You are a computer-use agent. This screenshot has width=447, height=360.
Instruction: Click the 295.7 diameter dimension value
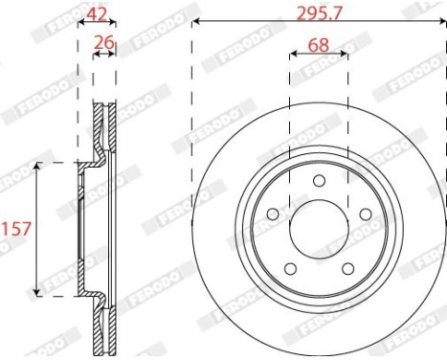(320, 13)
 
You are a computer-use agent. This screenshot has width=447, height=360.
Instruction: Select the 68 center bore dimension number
(319, 45)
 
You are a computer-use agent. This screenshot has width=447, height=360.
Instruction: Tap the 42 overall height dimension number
(97, 13)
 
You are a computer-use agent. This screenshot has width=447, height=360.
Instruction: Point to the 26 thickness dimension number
(104, 42)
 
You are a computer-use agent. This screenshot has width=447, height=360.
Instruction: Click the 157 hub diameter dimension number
(16, 229)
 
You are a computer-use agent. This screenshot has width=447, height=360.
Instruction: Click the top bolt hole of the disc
(319, 181)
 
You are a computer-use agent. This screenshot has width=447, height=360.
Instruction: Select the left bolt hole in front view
(273, 214)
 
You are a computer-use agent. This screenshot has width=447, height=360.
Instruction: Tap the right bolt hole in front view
(366, 214)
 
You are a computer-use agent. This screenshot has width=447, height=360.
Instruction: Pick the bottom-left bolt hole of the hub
(290, 269)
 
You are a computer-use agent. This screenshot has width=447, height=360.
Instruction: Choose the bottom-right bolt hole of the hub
(347, 269)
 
